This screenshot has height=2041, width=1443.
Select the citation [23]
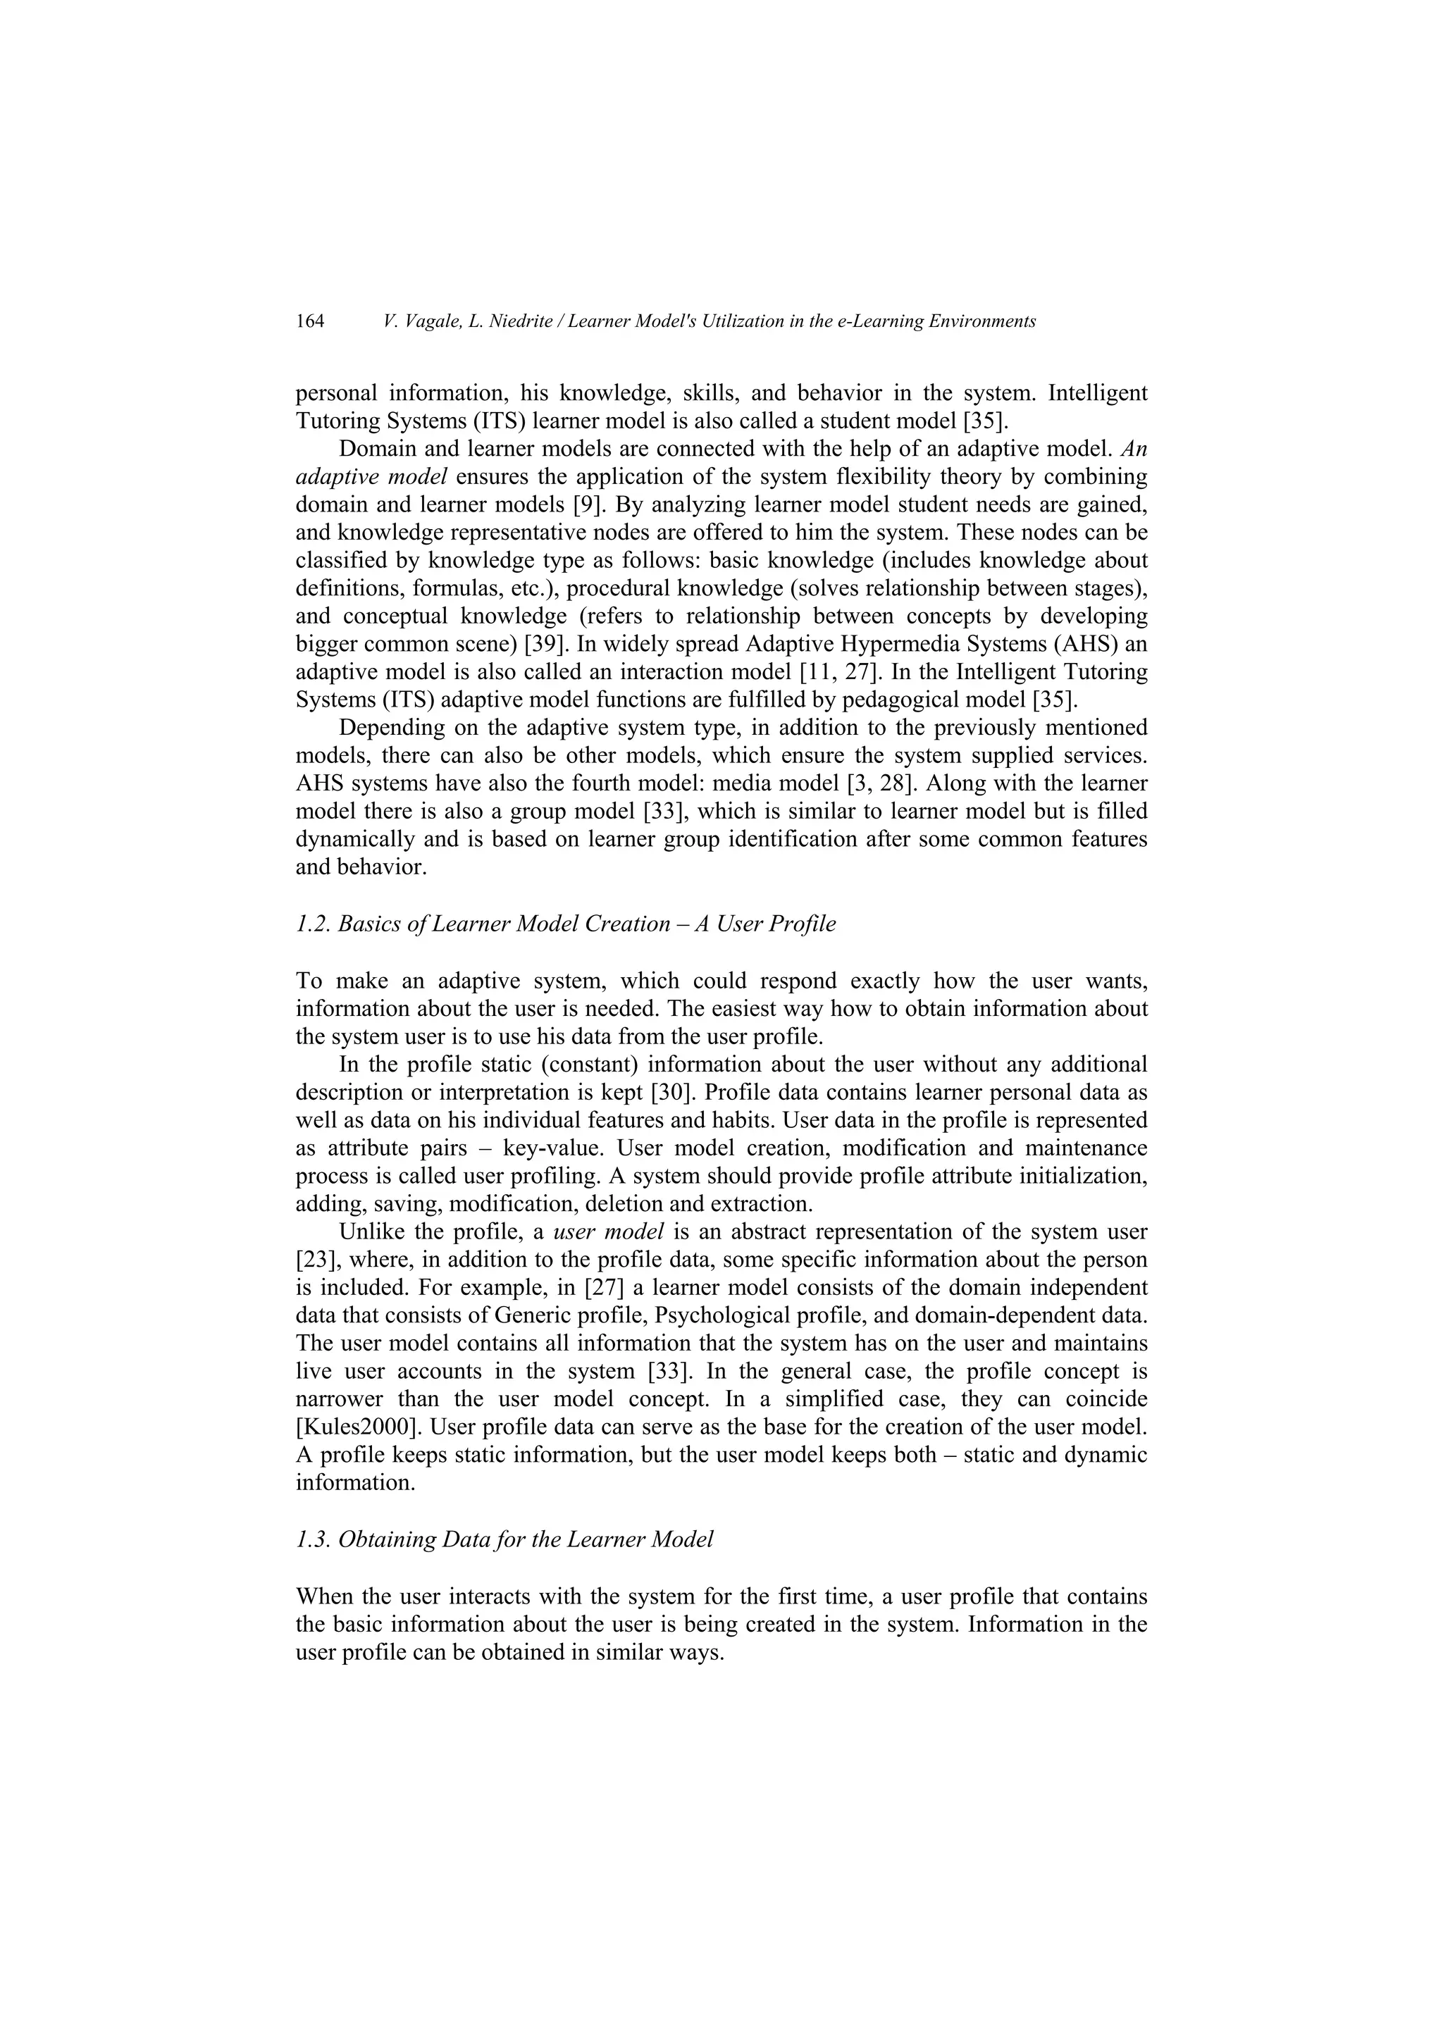click(313, 1260)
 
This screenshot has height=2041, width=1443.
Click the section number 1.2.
click(313, 924)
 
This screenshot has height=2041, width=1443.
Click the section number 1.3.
click(313, 1539)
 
